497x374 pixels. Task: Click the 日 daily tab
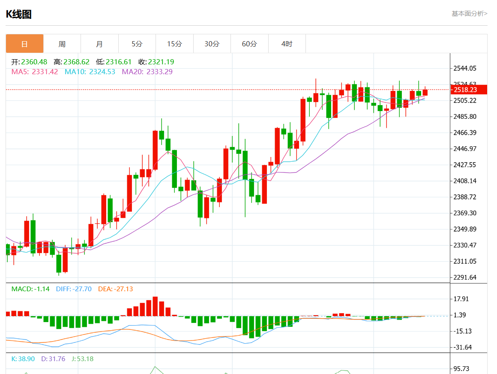click(x=24, y=44)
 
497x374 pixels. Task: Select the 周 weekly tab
click(x=62, y=44)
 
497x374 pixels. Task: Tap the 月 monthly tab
click(x=99, y=44)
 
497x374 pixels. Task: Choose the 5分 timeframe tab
click(x=137, y=44)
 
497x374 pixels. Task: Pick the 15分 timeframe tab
click(x=174, y=44)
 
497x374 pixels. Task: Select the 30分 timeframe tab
click(x=212, y=44)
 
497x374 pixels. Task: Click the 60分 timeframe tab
click(x=249, y=44)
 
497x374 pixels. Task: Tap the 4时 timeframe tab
click(x=287, y=44)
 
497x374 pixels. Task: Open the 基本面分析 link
click(x=469, y=14)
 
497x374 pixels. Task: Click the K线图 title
click(x=18, y=15)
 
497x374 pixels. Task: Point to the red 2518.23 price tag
click(x=469, y=90)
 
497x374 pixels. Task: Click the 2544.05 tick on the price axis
click(x=465, y=68)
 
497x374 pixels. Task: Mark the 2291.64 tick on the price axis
click(x=465, y=277)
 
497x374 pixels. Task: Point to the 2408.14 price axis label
click(x=465, y=181)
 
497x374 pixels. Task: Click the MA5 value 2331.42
click(x=45, y=72)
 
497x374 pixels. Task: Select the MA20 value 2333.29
click(x=159, y=72)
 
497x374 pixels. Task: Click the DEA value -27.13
click(x=123, y=289)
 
